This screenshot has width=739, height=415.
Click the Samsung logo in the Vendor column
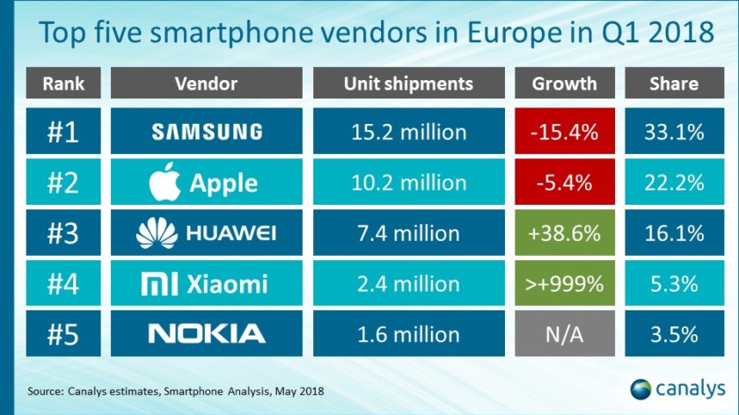tap(207, 132)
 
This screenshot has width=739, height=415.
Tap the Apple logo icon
tap(165, 182)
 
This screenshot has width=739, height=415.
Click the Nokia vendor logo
tap(207, 333)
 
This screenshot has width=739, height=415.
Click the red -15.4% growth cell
tap(564, 132)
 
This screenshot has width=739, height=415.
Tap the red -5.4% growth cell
tap(564, 182)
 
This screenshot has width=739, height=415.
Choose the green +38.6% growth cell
tap(564, 232)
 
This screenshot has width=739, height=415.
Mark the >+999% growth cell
tap(564, 283)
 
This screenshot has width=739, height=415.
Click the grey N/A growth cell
tap(564, 333)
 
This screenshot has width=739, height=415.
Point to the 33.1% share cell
tap(674, 132)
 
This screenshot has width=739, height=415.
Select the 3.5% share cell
tap(674, 333)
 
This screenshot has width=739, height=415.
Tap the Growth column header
tap(564, 84)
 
